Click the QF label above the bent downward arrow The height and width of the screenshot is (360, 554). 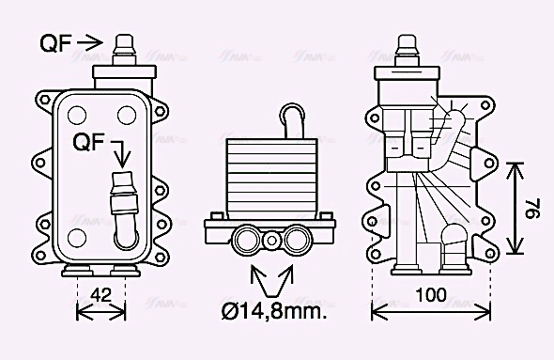[x=90, y=142]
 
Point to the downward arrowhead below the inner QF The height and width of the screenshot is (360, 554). [x=119, y=161]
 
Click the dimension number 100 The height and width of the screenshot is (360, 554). [x=431, y=294]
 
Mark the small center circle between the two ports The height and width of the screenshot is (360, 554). [x=272, y=241]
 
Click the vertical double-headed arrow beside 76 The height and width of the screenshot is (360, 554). [x=514, y=208]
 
